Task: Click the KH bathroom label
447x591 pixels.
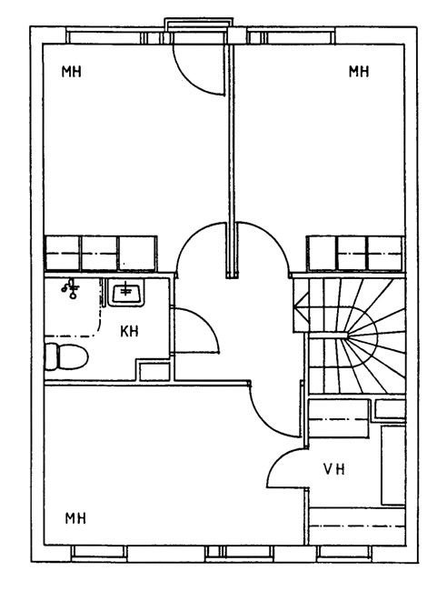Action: [129, 331]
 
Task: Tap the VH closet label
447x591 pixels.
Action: [334, 469]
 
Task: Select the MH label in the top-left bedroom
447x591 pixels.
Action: [72, 71]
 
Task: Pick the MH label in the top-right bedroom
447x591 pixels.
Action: [359, 71]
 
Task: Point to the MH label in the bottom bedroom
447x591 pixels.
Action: [75, 518]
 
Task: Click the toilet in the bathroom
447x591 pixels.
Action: [66, 356]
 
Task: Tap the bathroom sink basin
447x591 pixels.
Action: [125, 292]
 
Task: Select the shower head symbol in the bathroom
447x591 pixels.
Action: [71, 288]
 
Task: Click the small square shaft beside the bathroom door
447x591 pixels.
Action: [154, 372]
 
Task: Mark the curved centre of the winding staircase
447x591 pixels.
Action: [363, 335]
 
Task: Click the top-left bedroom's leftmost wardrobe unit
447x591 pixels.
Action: [62, 254]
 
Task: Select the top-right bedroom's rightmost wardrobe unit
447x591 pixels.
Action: [385, 254]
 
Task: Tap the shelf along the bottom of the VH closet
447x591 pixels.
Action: [357, 526]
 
